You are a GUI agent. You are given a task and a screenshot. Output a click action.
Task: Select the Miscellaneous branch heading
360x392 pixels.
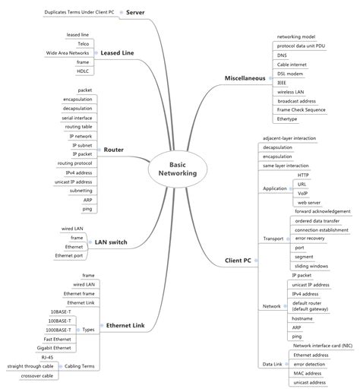[x=245, y=78]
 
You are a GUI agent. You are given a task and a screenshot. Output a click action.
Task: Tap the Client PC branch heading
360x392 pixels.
[x=237, y=261]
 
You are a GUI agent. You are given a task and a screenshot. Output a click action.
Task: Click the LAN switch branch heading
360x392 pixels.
[x=111, y=242]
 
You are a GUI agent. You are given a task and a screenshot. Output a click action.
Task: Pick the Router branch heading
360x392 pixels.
[x=114, y=150]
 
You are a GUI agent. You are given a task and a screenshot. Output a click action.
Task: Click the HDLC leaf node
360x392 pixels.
[x=83, y=71]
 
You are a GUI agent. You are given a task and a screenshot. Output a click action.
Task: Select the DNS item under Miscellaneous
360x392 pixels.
[x=282, y=55]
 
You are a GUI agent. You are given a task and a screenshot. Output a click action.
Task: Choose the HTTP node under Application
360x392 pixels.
[x=303, y=175]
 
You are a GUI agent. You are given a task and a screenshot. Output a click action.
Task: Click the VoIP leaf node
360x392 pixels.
[x=302, y=193]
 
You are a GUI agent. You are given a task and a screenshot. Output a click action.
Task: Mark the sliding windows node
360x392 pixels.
[x=311, y=266]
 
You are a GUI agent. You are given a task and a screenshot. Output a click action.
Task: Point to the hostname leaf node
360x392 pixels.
[x=302, y=318]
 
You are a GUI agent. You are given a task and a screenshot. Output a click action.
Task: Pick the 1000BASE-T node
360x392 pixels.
[x=60, y=330]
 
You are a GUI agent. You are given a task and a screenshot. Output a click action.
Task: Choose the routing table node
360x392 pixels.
[x=76, y=126]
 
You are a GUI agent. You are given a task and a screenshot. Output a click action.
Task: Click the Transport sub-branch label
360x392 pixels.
[x=273, y=239]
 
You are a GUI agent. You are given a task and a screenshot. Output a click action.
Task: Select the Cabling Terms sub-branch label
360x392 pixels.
[x=101, y=365]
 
